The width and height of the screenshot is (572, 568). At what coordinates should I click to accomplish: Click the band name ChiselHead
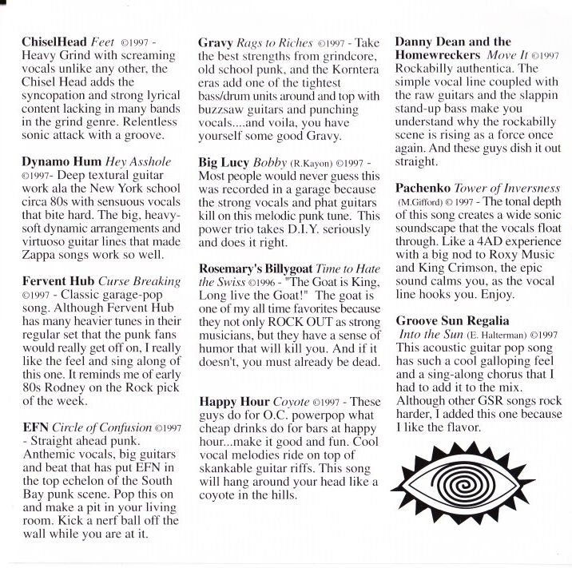[54, 41]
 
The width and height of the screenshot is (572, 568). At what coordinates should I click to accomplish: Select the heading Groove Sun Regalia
[453, 320]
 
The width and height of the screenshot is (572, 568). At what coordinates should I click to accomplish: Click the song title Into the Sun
[433, 335]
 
